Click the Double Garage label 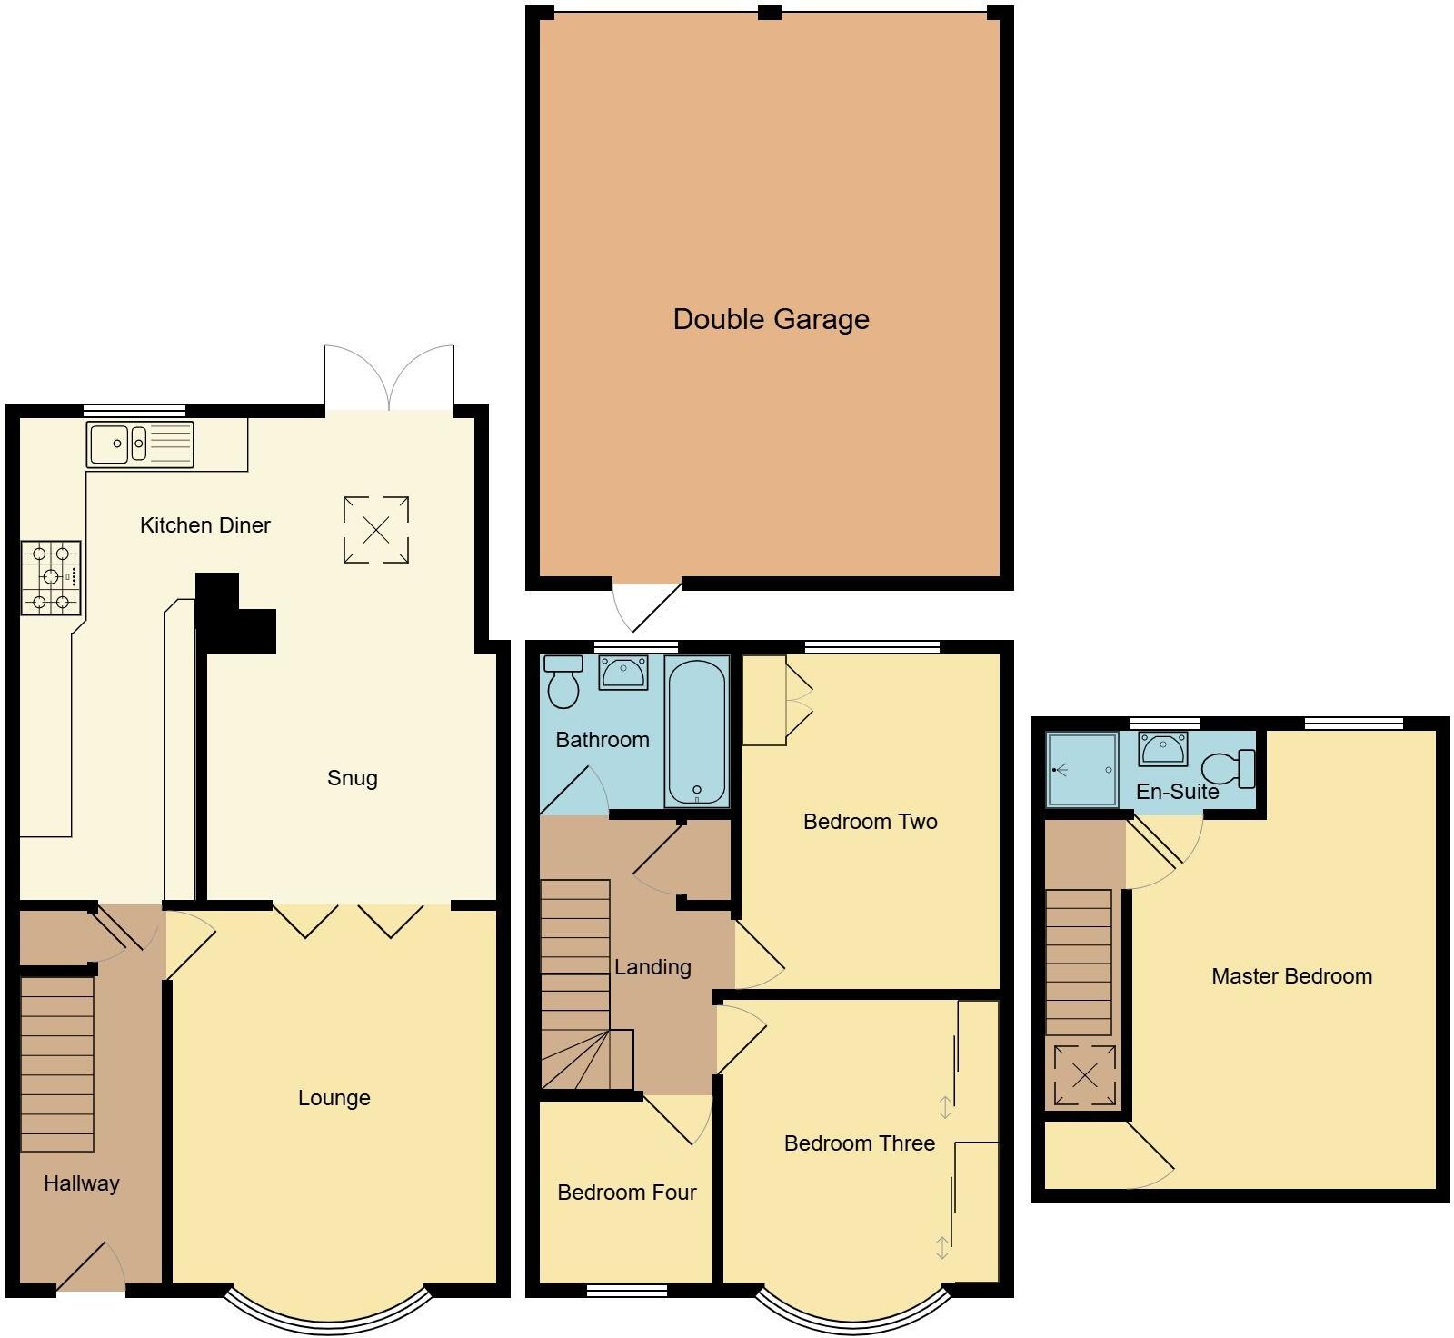[771, 319]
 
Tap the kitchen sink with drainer [140, 444]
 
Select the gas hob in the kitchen [51, 577]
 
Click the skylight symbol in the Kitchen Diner [376, 529]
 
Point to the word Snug [352, 778]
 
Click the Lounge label [334, 1098]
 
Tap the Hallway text [82, 1183]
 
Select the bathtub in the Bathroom [696, 731]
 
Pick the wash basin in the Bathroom [623, 674]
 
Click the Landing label [652, 967]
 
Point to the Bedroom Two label [870, 822]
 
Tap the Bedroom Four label [626, 1193]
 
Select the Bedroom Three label [859, 1143]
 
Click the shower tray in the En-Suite [1081, 769]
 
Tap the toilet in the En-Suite [1229, 769]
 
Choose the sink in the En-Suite [1163, 750]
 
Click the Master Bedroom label [1291, 976]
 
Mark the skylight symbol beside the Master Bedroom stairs [1084, 1076]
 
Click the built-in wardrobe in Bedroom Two [765, 701]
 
